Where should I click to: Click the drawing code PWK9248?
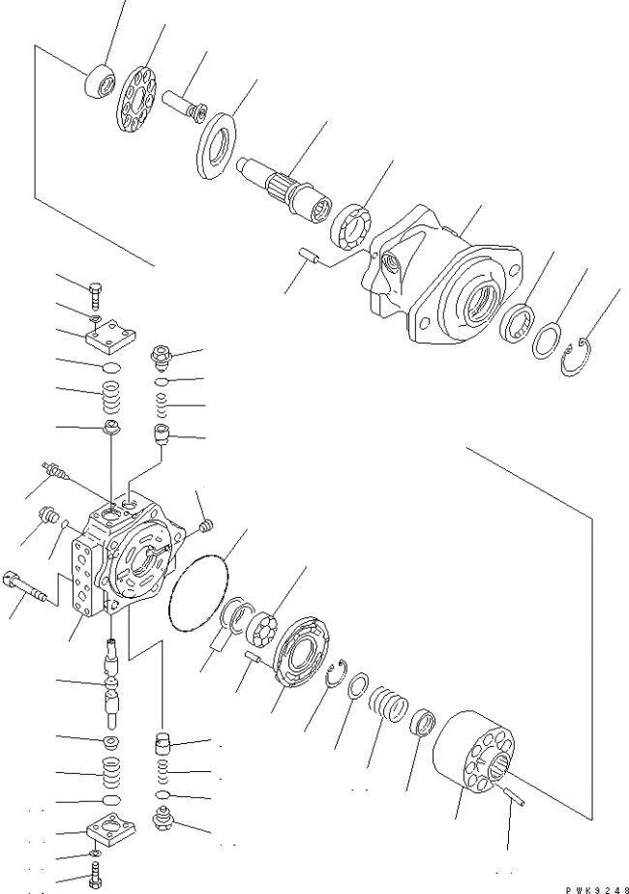(597, 889)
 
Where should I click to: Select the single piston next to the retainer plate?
(184, 104)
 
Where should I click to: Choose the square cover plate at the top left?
(111, 333)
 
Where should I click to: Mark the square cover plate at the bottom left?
(111, 826)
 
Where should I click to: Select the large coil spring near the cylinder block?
(388, 703)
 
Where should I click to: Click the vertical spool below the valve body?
(113, 684)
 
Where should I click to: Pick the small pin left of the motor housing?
(311, 254)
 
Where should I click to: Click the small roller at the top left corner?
(100, 81)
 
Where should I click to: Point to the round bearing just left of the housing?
(351, 225)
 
